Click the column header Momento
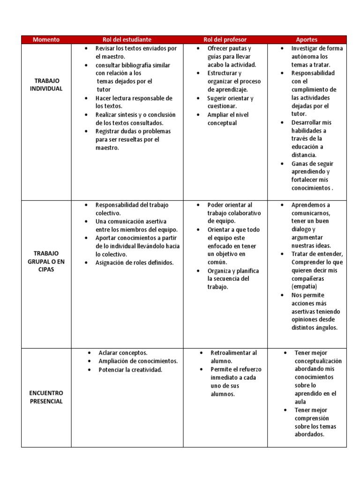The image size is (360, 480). coord(46,40)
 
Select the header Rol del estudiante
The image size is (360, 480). coord(127,40)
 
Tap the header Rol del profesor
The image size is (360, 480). coord(225,40)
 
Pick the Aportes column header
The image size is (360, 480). coord(307,40)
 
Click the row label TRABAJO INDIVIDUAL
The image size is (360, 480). coord(46,85)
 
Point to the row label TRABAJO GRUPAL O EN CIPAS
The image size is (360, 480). coord(46,262)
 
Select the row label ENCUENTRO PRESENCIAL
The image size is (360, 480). coord(46,397)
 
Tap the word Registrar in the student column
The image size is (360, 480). coord(107,131)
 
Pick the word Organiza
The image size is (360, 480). coord(221,270)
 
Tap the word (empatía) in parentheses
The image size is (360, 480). coord(304,286)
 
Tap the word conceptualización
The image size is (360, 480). coord(318,361)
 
